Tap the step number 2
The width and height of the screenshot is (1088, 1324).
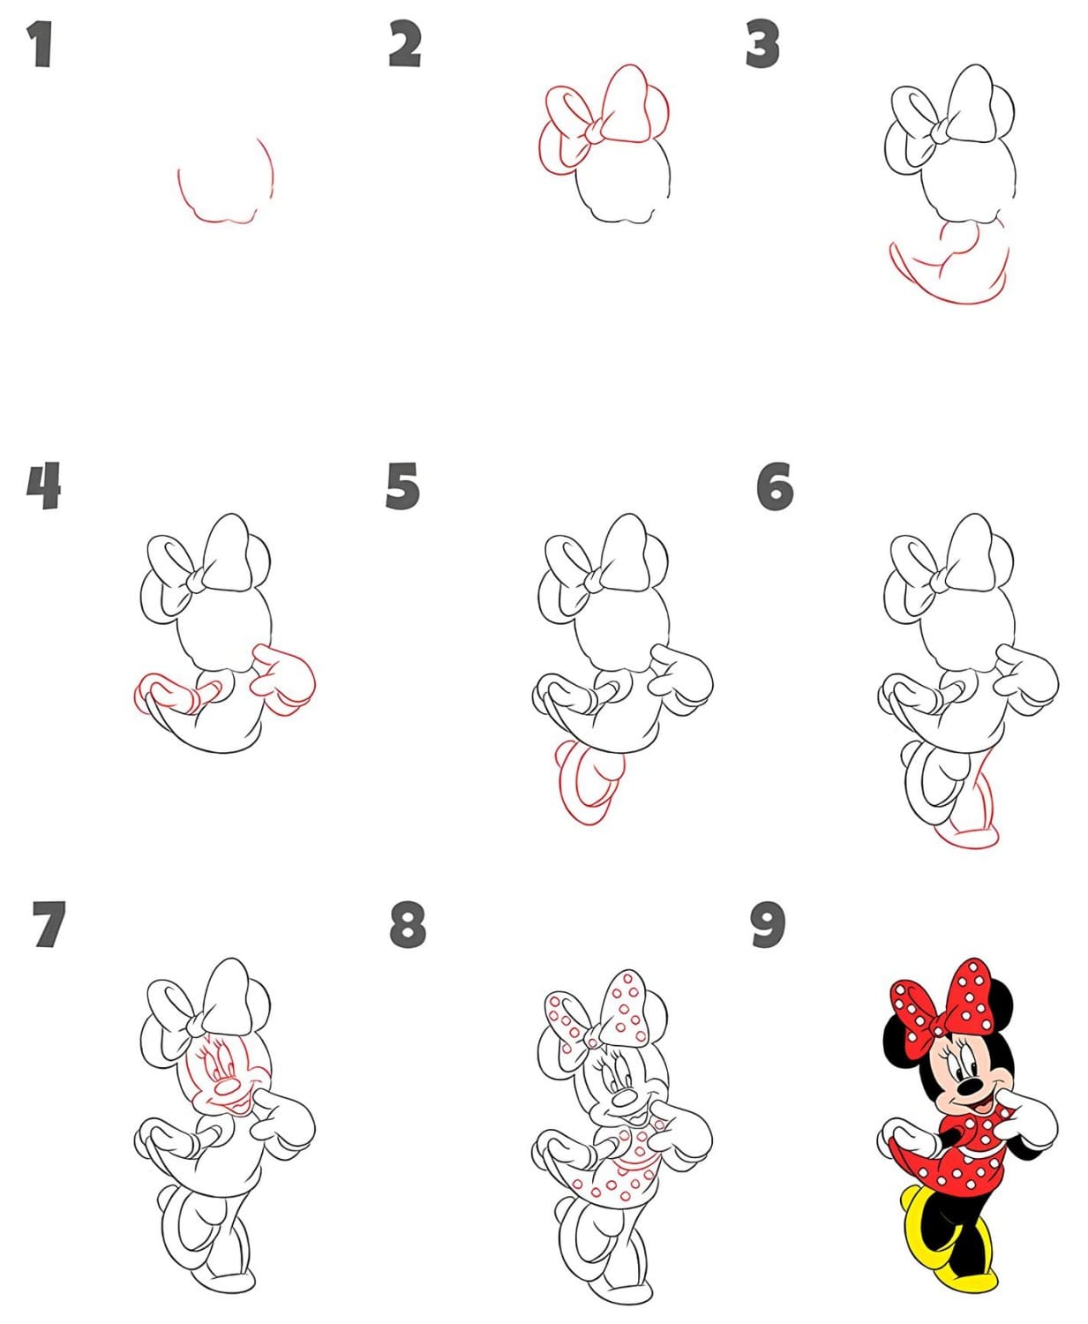405,44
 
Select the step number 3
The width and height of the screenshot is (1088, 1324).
763,44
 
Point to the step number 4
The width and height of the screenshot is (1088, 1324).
43,485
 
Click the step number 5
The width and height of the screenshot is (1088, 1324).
402,485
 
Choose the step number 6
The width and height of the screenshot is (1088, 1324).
775,485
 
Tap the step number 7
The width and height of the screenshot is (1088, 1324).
49,925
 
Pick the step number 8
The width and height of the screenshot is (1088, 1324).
407,925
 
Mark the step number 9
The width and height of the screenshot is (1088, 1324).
769,925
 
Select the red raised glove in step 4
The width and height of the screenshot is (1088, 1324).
283,681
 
